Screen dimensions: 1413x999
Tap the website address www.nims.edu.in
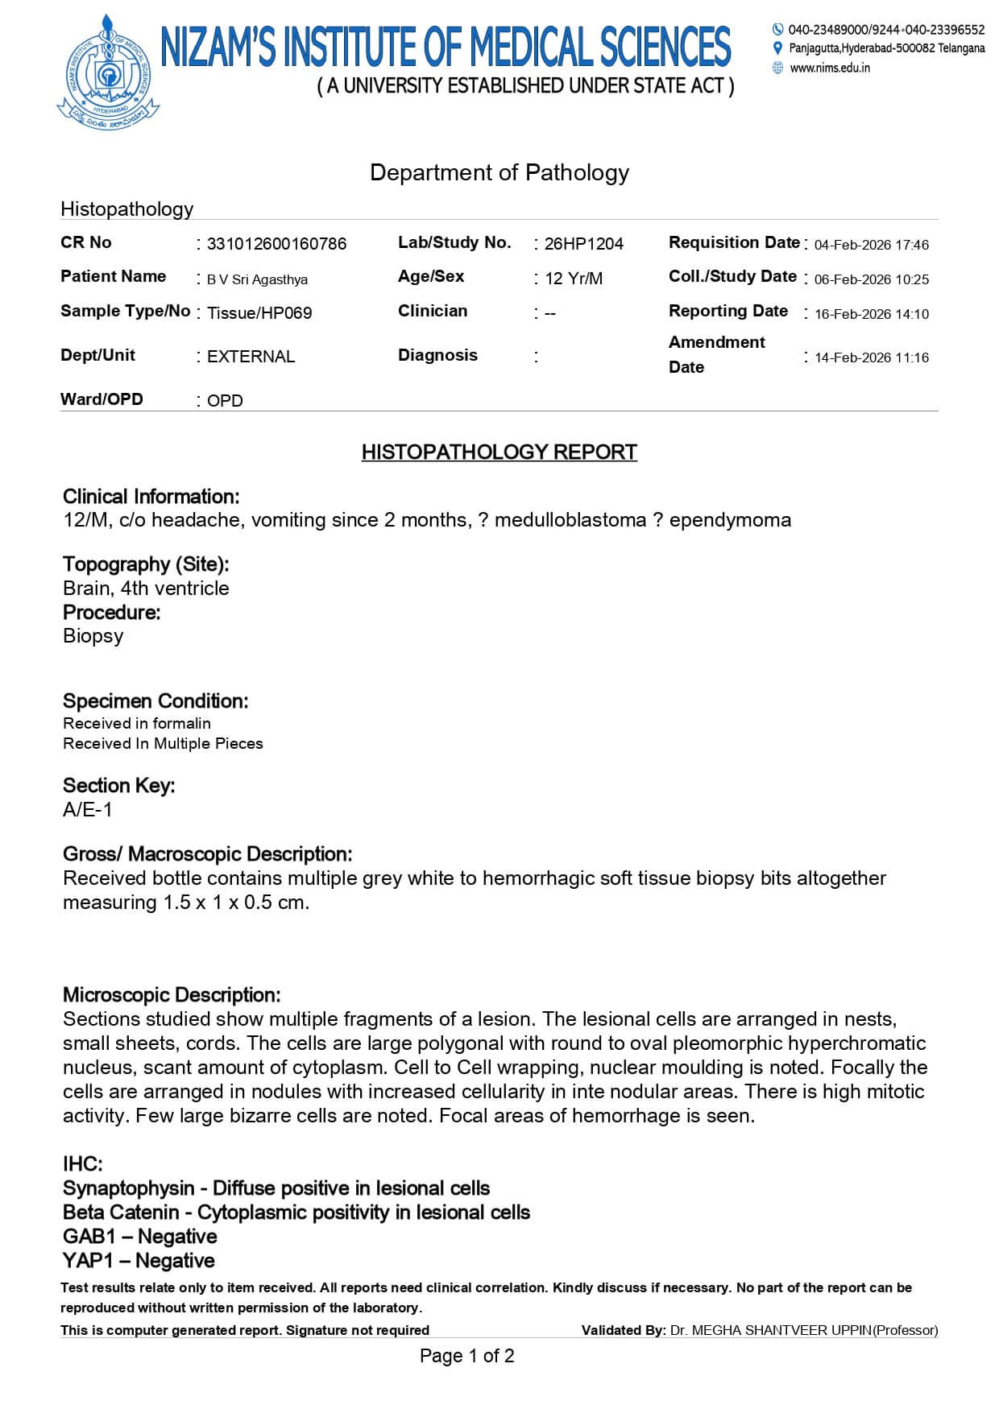point(830,68)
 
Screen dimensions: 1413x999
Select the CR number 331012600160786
point(276,244)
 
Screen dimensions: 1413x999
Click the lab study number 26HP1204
point(583,244)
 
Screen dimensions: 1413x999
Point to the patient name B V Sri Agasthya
point(257,279)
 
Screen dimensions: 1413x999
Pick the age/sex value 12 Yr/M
point(573,279)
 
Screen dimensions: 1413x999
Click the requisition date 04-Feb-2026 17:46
point(871,245)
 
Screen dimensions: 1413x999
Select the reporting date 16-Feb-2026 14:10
point(871,314)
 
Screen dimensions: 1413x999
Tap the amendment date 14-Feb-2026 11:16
point(871,357)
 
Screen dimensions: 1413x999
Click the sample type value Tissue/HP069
point(259,313)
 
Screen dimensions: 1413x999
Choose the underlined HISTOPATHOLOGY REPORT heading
point(499,452)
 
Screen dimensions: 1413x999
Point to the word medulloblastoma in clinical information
point(570,520)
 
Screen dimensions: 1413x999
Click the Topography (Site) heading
point(146,564)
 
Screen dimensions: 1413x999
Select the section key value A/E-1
point(88,810)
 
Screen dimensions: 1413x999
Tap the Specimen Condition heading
point(155,701)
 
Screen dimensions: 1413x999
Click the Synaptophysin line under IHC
point(276,1188)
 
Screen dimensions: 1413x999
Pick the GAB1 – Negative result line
point(140,1237)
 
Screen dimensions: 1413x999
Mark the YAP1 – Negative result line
point(139,1261)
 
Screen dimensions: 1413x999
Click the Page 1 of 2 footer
point(466,1357)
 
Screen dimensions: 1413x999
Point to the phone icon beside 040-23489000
point(777,30)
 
